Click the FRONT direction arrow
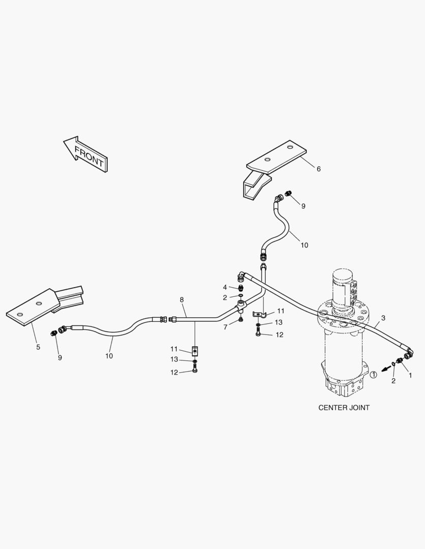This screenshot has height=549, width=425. click(x=86, y=155)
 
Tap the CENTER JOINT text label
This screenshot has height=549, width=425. click(x=344, y=408)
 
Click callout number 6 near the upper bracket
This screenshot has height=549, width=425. click(x=319, y=169)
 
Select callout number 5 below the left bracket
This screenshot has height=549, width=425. click(x=38, y=347)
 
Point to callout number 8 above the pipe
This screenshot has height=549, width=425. click(x=182, y=300)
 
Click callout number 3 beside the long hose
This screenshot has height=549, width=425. click(x=383, y=318)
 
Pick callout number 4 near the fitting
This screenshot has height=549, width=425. click(x=225, y=287)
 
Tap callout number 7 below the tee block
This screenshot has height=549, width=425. click(x=225, y=327)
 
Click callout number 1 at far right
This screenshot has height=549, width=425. click(x=410, y=375)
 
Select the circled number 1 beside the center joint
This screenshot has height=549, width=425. click(x=374, y=375)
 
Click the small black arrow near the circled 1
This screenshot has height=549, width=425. click(x=386, y=368)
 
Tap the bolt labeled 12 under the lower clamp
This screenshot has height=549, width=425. click(x=195, y=369)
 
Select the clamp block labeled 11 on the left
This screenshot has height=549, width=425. click(x=195, y=350)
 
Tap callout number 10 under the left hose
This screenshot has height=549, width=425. click(x=109, y=356)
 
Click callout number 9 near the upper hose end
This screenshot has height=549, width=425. click(x=303, y=206)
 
